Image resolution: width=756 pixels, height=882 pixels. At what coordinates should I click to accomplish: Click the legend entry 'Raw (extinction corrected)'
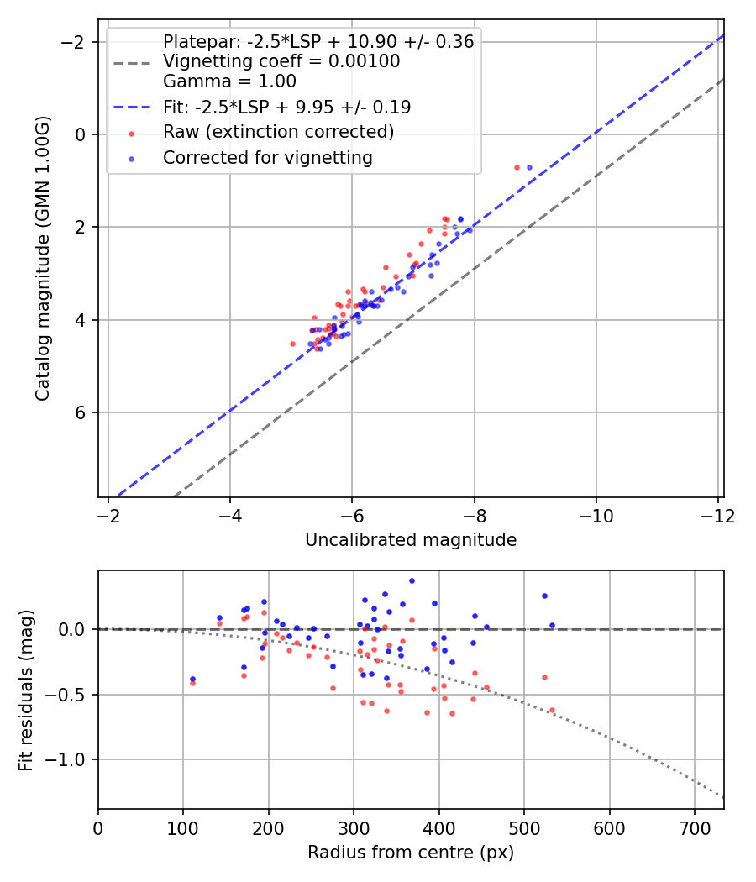coord(278,132)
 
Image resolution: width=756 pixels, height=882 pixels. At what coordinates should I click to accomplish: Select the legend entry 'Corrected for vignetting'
coord(267,157)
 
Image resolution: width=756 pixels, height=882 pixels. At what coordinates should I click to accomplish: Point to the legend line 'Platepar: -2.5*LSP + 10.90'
coord(318,42)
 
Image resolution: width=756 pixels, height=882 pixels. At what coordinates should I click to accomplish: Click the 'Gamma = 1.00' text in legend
coord(229,82)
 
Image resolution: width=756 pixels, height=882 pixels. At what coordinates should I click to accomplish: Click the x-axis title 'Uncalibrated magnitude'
coord(411,539)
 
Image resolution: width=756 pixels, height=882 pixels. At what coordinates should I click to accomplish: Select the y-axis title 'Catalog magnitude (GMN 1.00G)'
coord(43,258)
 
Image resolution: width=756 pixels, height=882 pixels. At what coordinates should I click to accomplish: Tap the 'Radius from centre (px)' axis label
coord(411,853)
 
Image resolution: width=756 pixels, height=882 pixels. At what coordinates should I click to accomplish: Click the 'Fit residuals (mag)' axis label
coord(26,690)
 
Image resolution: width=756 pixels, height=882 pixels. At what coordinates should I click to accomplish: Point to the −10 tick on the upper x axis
coord(596,515)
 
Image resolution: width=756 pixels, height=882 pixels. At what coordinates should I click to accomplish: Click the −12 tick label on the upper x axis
coord(718,515)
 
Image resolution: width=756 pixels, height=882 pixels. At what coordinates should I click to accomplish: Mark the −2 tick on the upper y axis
coord(76,42)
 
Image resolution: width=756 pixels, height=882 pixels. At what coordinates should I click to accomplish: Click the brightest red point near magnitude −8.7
coord(517,167)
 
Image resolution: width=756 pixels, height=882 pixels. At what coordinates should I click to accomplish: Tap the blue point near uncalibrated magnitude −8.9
coord(529,167)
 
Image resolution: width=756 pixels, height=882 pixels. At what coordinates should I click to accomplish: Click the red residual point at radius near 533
coord(552,710)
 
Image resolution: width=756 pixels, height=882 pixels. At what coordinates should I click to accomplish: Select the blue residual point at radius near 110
coord(192,679)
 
